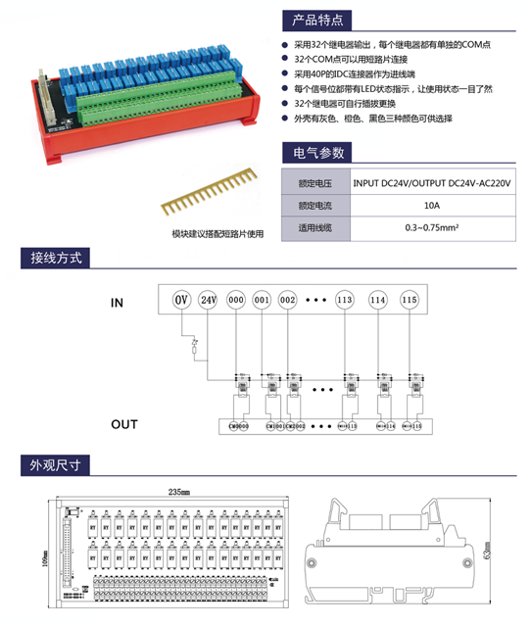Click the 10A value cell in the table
431,206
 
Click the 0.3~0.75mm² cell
431,228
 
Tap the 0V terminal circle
180,299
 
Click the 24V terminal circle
207,299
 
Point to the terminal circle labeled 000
235,299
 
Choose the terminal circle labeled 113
344,299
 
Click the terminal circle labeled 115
409,299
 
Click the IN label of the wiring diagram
118,304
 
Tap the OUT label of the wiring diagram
123,424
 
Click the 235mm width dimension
178,491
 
